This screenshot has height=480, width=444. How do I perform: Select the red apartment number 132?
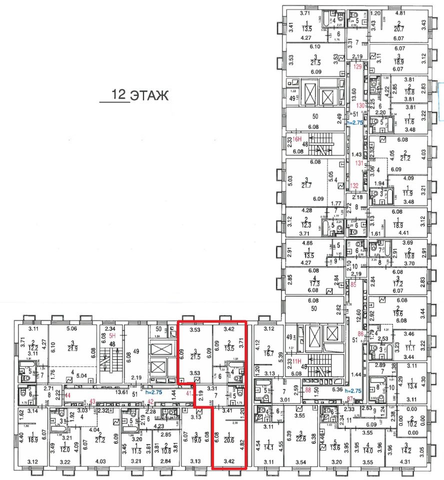coord(354,185)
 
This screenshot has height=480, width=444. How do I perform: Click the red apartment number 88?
coord(308,390)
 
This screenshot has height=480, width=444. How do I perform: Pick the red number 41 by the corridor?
coord(189,393)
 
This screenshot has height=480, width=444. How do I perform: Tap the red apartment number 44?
coord(68,395)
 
